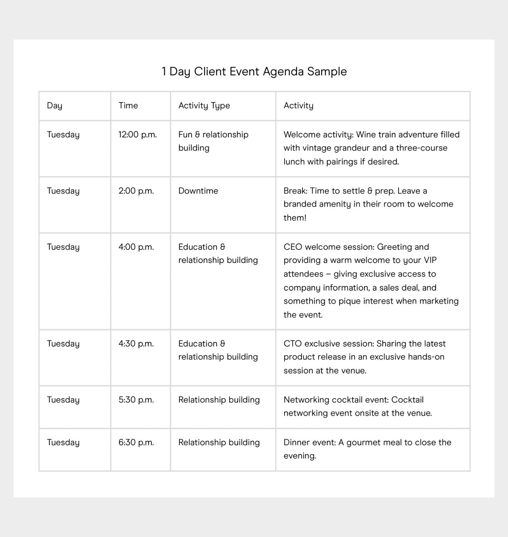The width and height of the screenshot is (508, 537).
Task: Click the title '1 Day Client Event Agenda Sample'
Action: point(254,72)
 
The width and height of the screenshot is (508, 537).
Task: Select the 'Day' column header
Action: point(54,106)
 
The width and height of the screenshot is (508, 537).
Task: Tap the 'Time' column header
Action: point(128,106)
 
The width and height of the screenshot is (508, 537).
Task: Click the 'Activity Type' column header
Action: point(204,106)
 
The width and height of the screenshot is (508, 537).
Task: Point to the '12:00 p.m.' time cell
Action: point(137,135)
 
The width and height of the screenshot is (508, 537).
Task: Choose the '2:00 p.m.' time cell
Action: point(136,191)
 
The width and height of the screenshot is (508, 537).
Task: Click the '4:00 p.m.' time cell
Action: point(136,247)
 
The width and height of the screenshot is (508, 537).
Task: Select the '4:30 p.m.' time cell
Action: point(136,344)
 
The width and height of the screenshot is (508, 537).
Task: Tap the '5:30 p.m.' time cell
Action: point(136,400)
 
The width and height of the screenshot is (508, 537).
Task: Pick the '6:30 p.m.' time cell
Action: point(136,442)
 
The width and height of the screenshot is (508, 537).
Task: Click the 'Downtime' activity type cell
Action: point(198,191)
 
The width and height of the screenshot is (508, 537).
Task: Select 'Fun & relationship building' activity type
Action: point(213,141)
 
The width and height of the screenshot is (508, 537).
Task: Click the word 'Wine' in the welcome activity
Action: point(366,135)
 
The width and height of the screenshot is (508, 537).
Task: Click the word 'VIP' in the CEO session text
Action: point(430,260)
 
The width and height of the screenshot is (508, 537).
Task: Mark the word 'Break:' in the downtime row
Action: point(295,191)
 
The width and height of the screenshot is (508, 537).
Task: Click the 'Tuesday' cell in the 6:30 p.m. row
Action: point(63,442)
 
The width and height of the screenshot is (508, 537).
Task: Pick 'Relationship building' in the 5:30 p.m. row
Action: point(219,400)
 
